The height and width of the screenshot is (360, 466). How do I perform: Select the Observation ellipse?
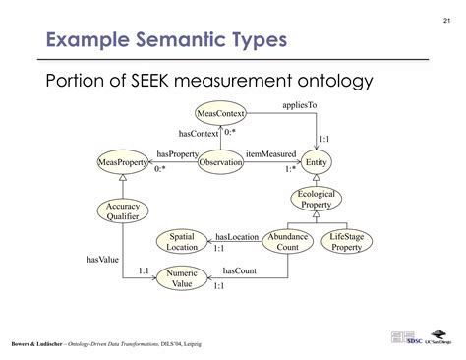coord(220,161)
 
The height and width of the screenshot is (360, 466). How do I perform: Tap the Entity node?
coord(317,161)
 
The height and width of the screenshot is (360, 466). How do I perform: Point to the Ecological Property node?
coord(317,200)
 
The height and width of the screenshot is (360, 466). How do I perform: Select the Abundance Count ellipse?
coord(289,241)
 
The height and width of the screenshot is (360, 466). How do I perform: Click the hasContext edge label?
coord(200,133)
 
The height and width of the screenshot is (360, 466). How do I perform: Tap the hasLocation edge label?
coord(236,236)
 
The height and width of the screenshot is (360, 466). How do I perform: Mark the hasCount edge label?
coord(240,270)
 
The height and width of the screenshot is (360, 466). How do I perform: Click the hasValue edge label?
coord(102,260)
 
